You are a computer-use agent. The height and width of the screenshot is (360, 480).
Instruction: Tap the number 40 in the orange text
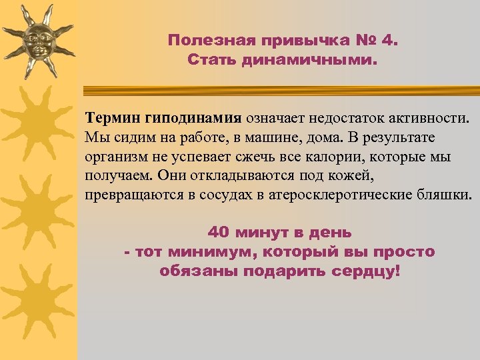pos(219,233)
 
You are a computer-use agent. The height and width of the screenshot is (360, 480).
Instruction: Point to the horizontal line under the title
pos(280,89)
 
